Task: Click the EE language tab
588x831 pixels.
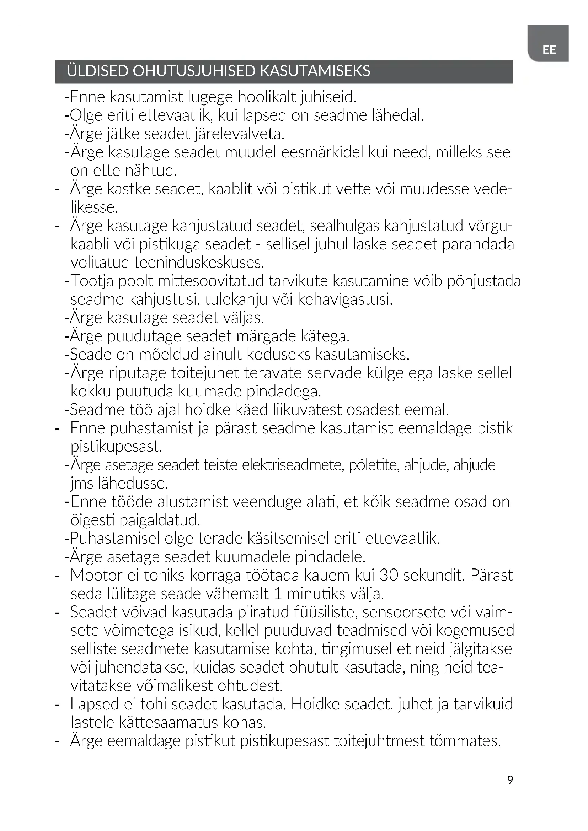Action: point(549,50)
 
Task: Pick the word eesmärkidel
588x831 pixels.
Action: point(322,152)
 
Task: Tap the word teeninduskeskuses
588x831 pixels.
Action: point(199,263)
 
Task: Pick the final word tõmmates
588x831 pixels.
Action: point(465,741)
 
